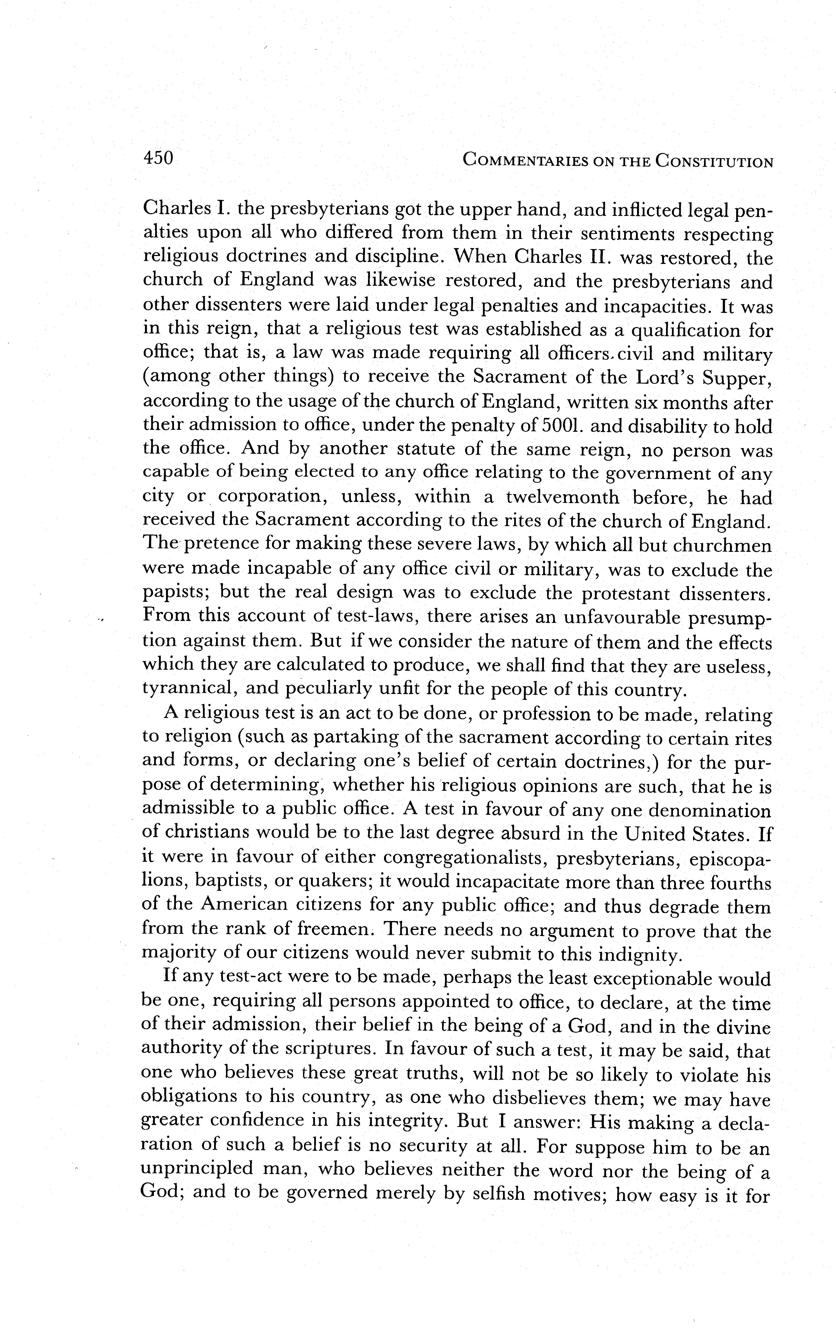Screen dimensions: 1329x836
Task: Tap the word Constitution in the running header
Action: point(714,161)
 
